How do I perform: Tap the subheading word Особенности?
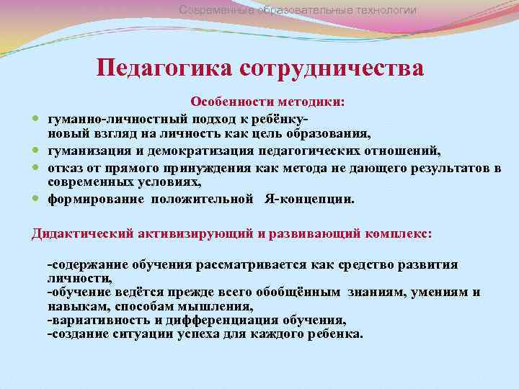[x=224, y=103]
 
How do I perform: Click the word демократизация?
[x=200, y=150]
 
